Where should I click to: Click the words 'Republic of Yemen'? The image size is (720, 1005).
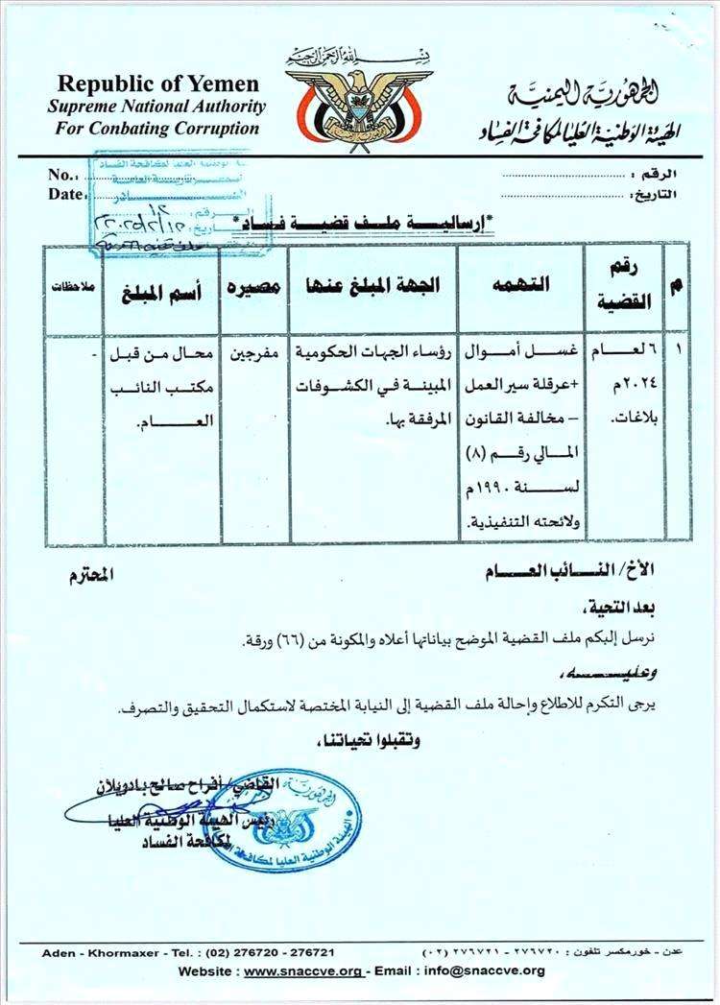tap(157, 84)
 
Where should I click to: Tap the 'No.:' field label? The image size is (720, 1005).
tap(61, 175)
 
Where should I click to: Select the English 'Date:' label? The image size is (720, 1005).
tap(64, 193)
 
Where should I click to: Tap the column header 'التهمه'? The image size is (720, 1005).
tap(519, 285)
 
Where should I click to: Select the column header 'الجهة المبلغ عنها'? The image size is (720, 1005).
tap(372, 285)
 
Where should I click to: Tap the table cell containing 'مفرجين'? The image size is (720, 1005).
tap(252, 352)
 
